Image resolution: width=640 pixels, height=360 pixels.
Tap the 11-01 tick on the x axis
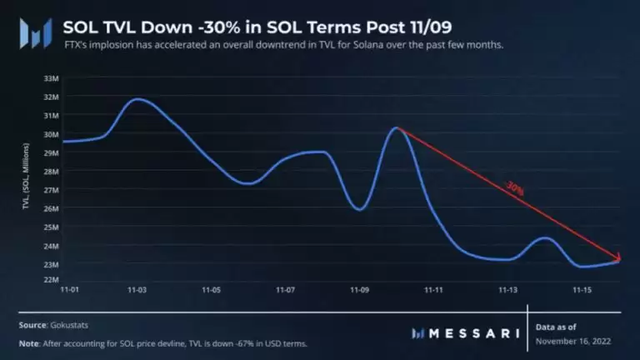point(70,291)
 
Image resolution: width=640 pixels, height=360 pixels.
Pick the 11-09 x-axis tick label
point(360,291)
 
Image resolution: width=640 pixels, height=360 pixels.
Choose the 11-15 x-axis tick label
point(582,291)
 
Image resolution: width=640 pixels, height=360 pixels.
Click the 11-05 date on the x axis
point(211,291)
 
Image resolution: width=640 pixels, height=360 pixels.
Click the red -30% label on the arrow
point(513,189)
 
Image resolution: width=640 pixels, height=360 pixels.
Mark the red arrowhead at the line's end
point(618,259)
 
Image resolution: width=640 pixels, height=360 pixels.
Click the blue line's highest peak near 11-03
point(139,98)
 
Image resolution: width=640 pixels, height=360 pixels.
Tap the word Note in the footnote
point(27,343)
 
